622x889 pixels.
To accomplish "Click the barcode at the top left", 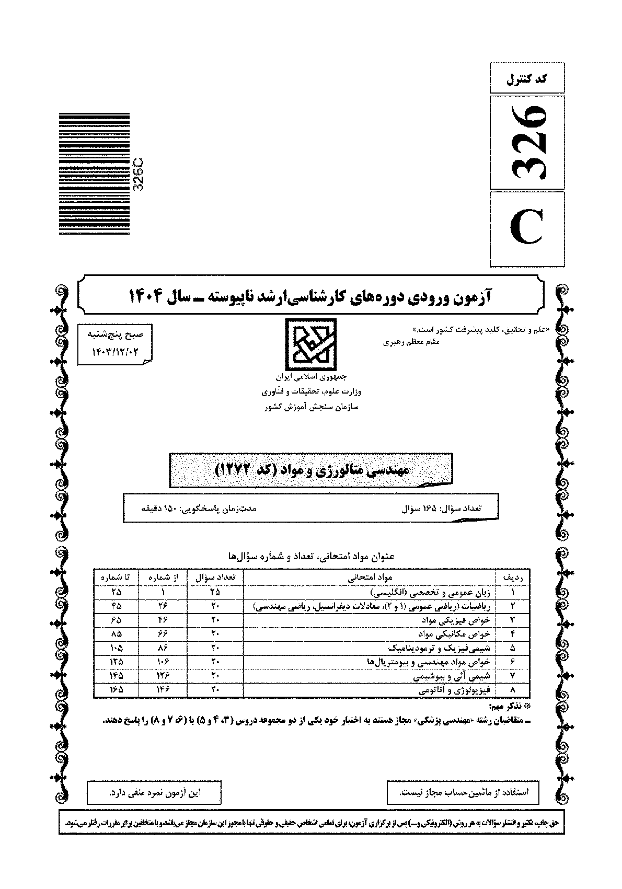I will (94, 174).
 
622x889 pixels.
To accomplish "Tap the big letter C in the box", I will (527, 229).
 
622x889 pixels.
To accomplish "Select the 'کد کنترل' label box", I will (527, 79).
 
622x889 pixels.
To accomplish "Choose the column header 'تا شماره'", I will (116, 578).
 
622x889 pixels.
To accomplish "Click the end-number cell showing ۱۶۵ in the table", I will (116, 690).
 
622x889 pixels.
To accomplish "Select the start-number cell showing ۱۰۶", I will (162, 662).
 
